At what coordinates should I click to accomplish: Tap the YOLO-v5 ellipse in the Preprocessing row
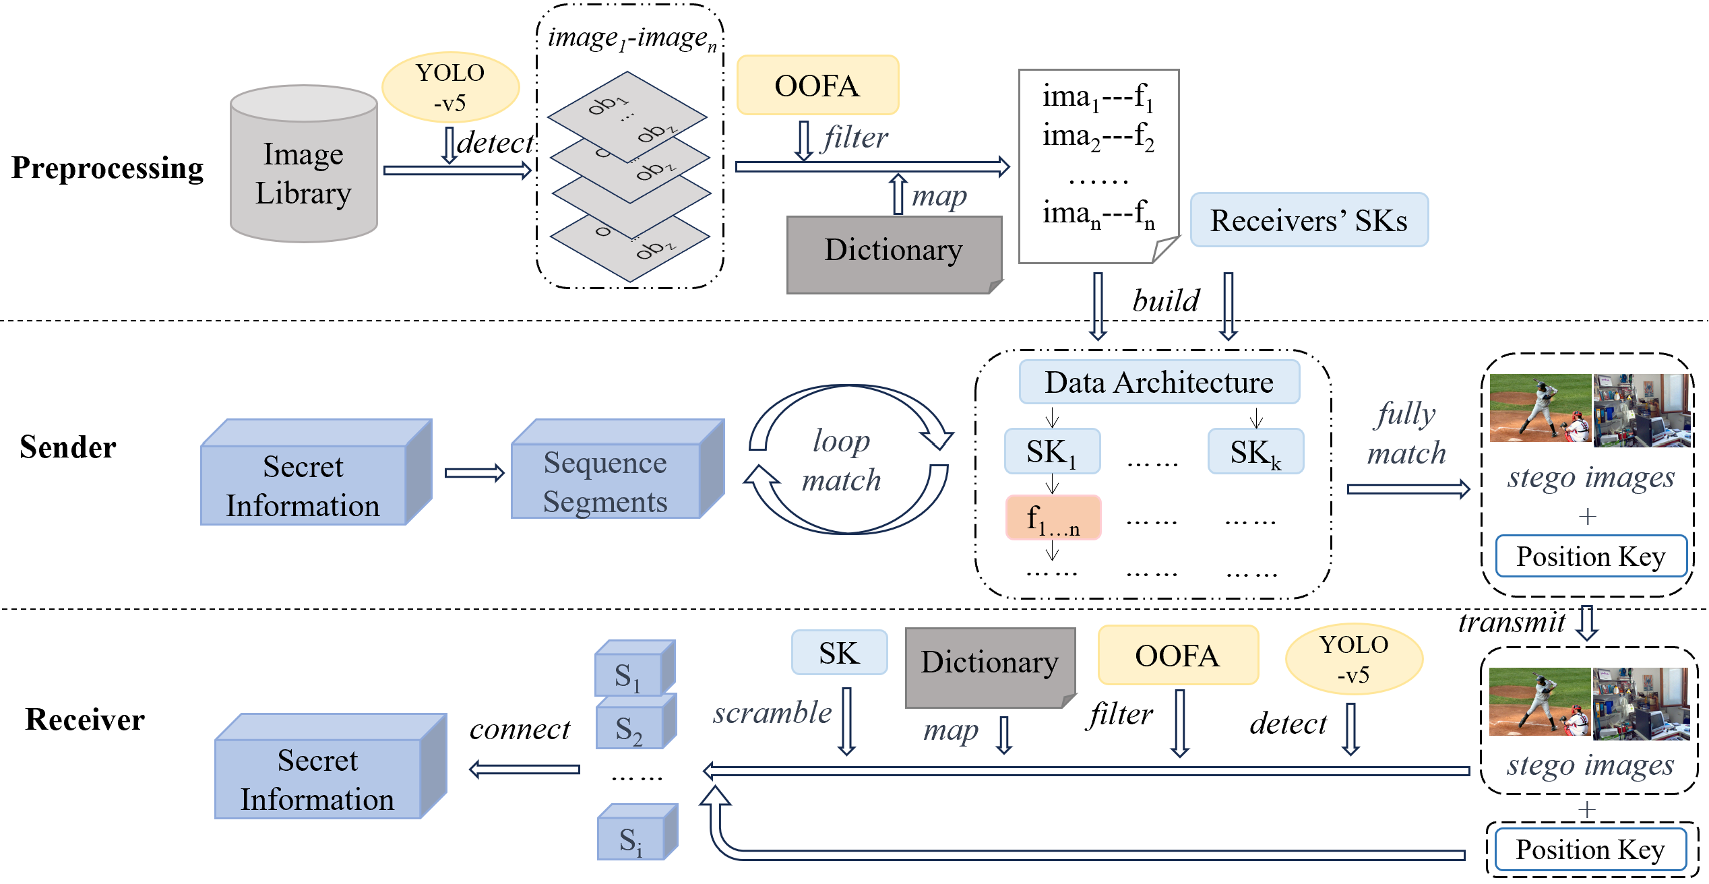point(450,87)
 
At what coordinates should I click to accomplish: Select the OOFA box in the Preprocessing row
point(817,86)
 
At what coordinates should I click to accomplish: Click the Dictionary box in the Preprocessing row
point(894,253)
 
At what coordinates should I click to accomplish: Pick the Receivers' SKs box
point(1309,220)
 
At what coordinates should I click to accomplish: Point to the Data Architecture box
point(1159,382)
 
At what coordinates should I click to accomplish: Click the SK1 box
point(1052,451)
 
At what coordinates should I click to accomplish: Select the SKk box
point(1255,451)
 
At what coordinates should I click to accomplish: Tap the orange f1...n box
point(1053,517)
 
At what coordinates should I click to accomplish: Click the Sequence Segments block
point(605,481)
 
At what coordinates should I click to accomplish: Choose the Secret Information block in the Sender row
point(303,485)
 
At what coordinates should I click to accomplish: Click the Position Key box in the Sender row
point(1590,557)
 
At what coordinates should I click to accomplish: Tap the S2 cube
point(629,728)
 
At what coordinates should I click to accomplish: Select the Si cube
point(631,839)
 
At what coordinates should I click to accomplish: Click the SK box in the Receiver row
point(839,652)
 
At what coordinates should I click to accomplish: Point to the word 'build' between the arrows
point(1166,301)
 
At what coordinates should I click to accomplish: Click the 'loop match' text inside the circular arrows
point(842,460)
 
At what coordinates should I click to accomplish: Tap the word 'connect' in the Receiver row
point(520,729)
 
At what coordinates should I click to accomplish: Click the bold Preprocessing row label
point(107,168)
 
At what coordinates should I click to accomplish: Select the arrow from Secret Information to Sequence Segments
point(474,473)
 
